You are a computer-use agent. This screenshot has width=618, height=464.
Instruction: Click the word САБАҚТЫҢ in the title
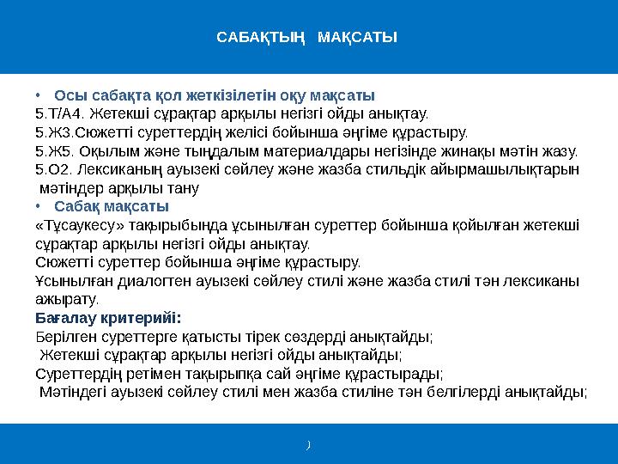(x=261, y=38)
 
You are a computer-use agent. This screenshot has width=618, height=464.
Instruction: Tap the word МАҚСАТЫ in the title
(x=357, y=37)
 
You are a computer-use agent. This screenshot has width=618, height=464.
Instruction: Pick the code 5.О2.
(x=54, y=169)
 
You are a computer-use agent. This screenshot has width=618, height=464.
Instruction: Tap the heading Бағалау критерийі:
(x=108, y=318)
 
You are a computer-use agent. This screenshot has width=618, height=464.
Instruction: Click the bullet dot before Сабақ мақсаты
(x=38, y=206)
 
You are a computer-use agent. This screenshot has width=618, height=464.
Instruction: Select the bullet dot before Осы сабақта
(x=38, y=95)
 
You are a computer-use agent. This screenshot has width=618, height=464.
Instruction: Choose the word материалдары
(x=317, y=151)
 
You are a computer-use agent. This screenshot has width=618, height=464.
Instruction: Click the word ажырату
(x=67, y=300)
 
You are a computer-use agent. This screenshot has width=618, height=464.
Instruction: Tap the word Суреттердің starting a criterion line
(x=79, y=374)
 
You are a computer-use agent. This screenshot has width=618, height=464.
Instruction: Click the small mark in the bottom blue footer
(x=309, y=445)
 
